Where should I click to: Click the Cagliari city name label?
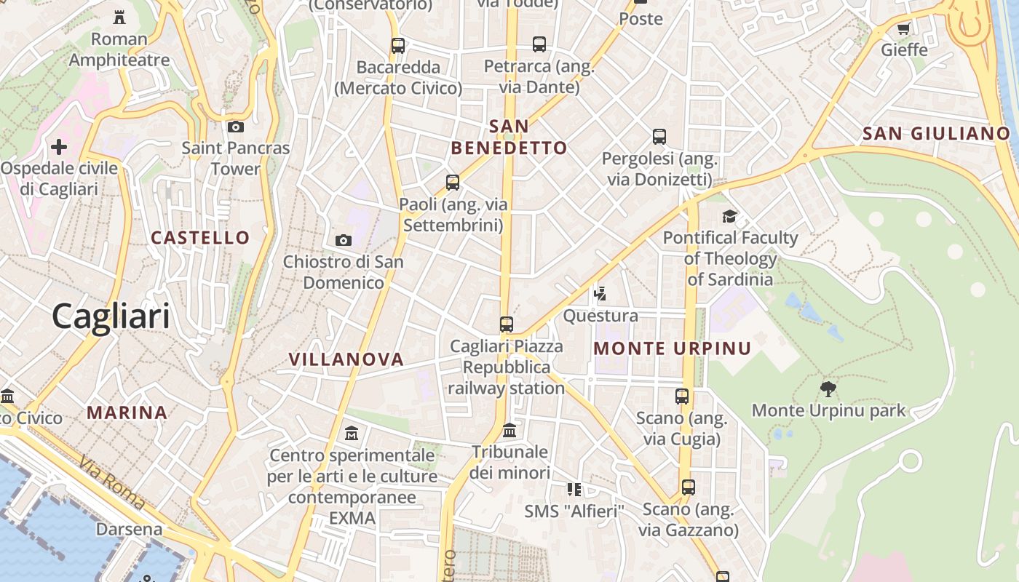pos(111,316)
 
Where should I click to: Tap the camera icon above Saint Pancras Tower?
pos(235,127)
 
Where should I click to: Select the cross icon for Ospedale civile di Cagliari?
pos(59,147)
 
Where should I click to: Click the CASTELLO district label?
pos(200,237)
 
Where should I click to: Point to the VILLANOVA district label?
pos(346,359)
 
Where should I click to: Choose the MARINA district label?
pos(127,412)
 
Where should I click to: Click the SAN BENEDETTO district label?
pos(509,137)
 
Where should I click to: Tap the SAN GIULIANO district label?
pos(936,133)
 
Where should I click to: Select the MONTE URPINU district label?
pos(672,348)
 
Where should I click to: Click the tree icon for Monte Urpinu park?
pos(828,388)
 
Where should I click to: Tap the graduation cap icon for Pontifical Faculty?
pos(729,216)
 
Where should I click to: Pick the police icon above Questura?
pos(600,294)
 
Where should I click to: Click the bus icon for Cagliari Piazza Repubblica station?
pos(507,324)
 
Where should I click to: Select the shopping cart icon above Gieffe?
pos(904,28)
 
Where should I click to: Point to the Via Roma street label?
pos(113,482)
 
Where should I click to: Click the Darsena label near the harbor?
pos(130,529)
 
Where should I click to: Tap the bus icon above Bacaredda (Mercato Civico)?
pos(397,45)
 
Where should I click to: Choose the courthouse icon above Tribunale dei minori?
pos(509,431)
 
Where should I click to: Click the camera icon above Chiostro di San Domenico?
pos(343,240)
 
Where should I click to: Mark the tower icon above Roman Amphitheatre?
pos(119,17)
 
